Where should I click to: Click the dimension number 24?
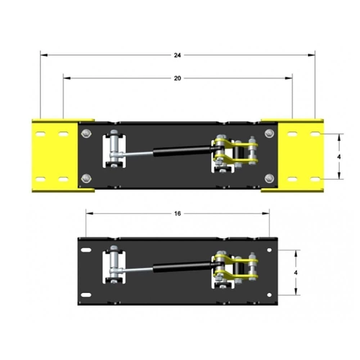(177, 55)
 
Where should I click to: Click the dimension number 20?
(177, 78)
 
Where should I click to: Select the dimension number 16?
(177, 213)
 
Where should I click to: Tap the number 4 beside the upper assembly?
(339, 157)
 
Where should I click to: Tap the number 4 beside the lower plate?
(296, 273)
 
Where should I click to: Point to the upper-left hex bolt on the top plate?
(86, 133)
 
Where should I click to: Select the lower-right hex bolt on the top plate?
(269, 177)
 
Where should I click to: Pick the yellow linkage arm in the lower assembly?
(236, 261)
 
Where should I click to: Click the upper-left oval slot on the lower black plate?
(86, 250)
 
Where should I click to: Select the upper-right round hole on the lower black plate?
(269, 250)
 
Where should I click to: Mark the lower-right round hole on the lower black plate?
(269, 295)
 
